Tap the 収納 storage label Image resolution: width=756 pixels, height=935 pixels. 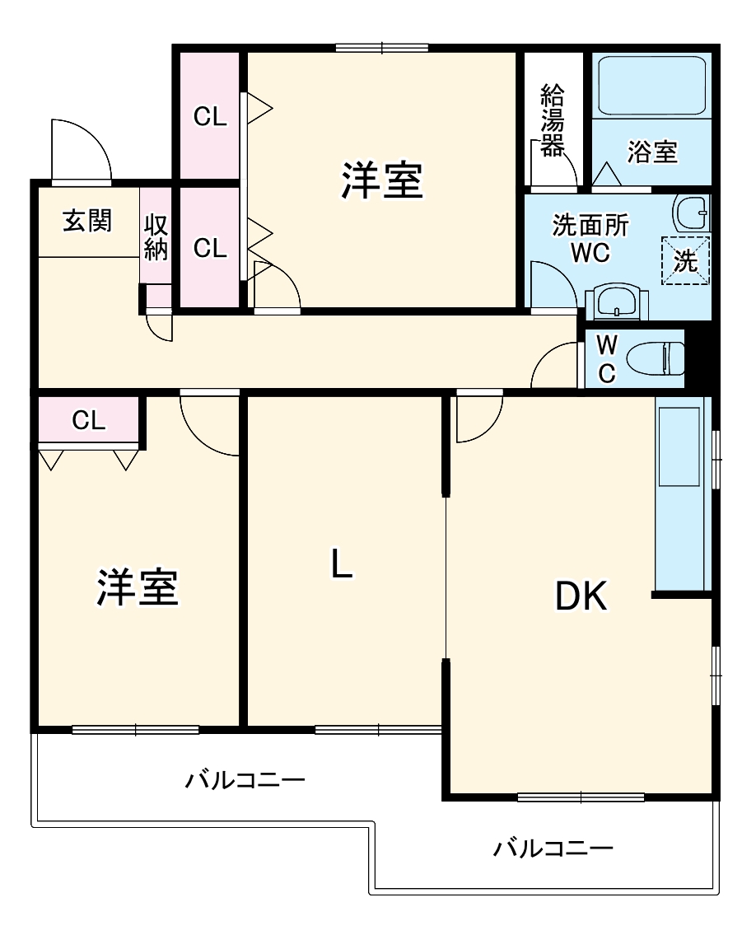pos(156,236)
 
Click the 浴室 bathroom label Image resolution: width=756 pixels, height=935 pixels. pos(652,152)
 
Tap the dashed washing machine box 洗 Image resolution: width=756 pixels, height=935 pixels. pos(686,260)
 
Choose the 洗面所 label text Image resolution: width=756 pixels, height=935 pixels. pos(590,225)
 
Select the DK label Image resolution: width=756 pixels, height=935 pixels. pos(581,596)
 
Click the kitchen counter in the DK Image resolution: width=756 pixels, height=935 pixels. pos(682,494)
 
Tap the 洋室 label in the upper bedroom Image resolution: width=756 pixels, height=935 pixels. pos(382,180)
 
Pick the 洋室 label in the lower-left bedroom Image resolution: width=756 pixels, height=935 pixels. pos(138,587)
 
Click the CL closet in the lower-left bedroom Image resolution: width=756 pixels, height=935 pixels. pos(89,420)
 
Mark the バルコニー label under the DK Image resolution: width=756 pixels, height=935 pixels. pos(553,847)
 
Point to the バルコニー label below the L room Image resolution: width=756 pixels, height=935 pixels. pos(245,778)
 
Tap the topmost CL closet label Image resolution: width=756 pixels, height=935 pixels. pos(210,117)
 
